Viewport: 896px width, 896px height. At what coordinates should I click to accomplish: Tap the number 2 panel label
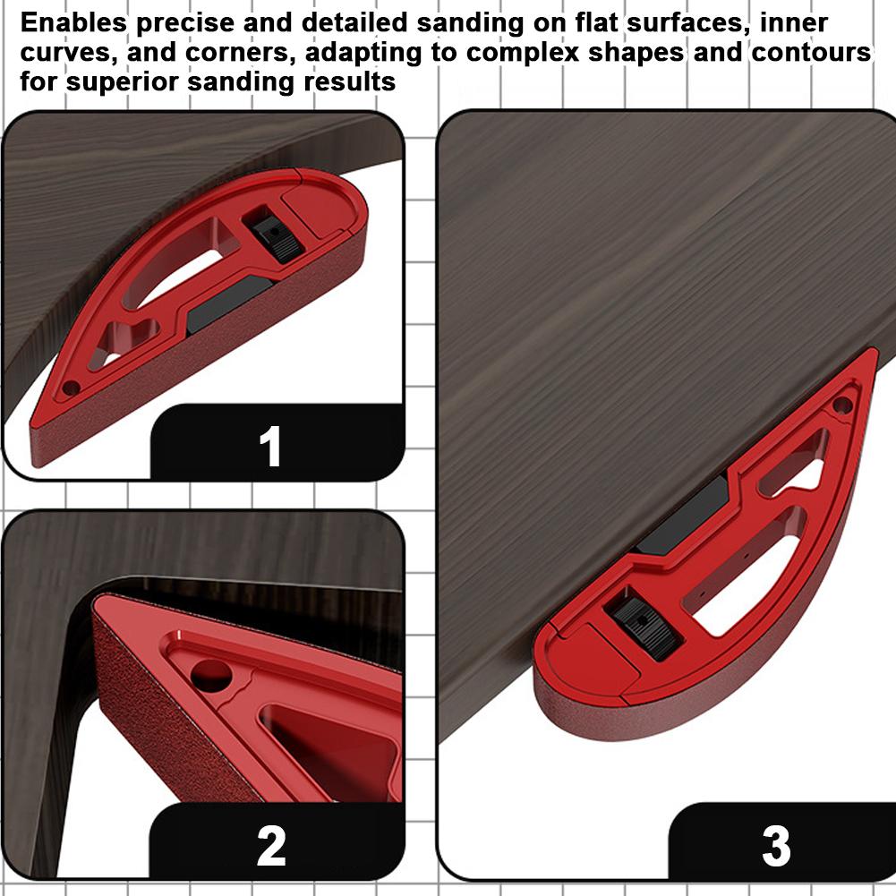[270, 845]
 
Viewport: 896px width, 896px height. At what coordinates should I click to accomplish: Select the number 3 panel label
[775, 845]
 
